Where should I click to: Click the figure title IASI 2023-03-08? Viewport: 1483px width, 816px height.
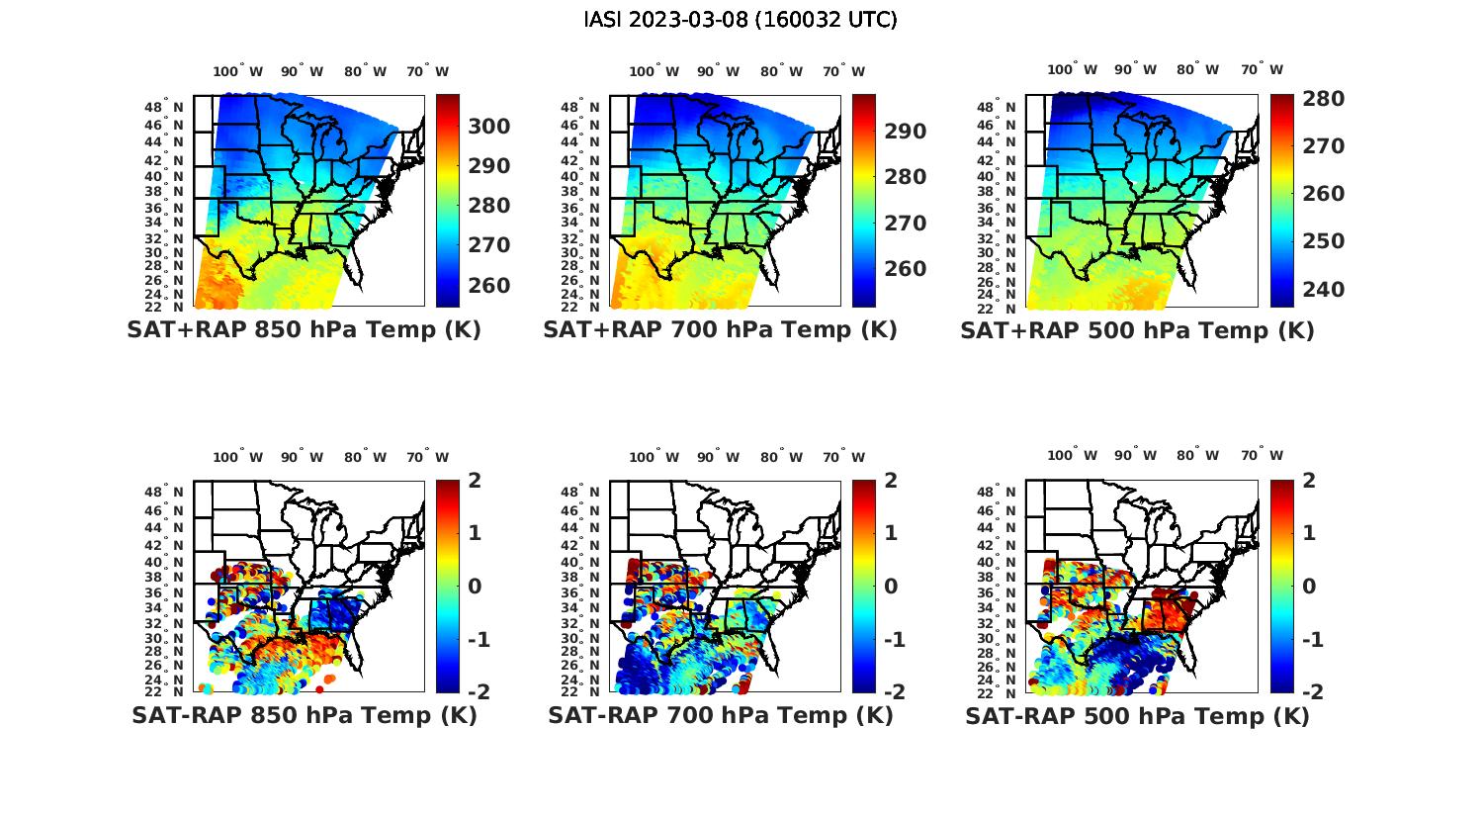(x=741, y=20)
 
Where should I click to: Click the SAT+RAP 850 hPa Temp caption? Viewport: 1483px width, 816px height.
(x=304, y=330)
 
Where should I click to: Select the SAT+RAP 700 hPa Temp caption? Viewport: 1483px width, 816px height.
(x=720, y=330)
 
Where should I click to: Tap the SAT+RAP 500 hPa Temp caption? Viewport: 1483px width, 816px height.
(x=1137, y=330)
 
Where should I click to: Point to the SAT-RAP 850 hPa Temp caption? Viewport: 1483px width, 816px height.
(x=304, y=715)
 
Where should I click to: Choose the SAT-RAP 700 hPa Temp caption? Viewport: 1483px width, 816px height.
(x=721, y=715)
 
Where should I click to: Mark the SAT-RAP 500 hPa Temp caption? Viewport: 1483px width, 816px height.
(x=1137, y=715)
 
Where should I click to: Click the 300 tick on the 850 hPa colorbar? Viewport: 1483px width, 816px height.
(x=489, y=127)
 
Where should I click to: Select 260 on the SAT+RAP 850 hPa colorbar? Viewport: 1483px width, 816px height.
(x=489, y=286)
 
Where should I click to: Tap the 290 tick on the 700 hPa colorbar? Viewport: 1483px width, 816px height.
(x=906, y=132)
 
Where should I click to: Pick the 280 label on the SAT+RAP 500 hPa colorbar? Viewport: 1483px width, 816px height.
(x=1323, y=99)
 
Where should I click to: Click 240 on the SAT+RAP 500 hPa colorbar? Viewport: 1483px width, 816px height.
(x=1323, y=290)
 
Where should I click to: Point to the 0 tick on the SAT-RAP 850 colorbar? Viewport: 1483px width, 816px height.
(x=474, y=586)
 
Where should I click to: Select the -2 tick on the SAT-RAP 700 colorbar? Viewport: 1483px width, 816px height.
(x=886, y=691)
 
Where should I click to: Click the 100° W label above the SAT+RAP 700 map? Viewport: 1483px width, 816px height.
(x=654, y=71)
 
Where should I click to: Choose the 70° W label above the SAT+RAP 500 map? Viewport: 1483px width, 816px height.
(x=1263, y=70)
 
